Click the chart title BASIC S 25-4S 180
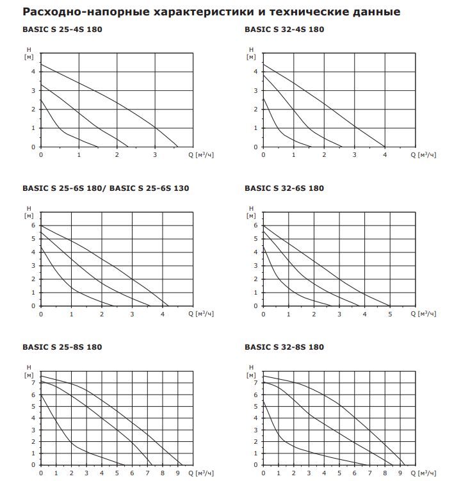point(61,29)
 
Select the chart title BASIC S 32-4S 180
point(284,29)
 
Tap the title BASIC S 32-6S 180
point(284,188)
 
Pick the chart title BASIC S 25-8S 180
point(61,347)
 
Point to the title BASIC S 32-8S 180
point(284,347)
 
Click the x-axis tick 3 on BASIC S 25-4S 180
point(155,155)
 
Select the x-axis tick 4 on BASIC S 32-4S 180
point(385,155)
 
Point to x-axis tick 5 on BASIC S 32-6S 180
point(390,314)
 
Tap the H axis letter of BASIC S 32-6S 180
point(252,209)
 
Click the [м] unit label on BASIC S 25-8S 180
point(29,375)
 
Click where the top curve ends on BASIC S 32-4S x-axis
point(385,147)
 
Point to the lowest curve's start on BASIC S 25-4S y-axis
point(41,99)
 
